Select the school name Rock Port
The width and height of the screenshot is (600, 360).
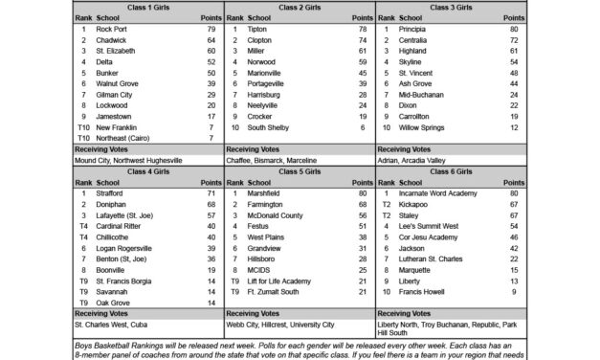(111, 29)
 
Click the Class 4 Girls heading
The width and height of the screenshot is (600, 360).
(146, 169)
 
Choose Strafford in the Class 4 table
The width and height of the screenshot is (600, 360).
(113, 193)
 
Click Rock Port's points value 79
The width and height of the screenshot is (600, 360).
(211, 29)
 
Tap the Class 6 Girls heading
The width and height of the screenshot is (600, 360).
(450, 169)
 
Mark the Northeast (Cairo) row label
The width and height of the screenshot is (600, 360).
(122, 139)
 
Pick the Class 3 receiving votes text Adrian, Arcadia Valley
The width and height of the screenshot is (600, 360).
(412, 161)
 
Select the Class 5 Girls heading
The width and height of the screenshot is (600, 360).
(299, 169)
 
